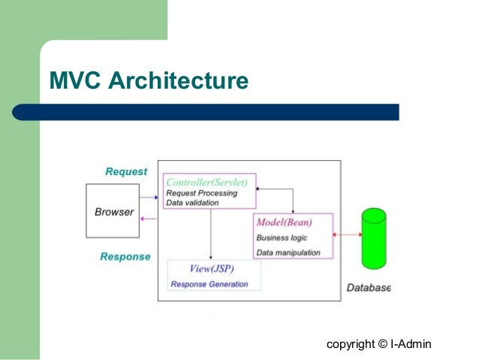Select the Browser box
pyautogui.click(x=114, y=212)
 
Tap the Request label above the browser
pyautogui.click(x=126, y=171)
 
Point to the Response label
pyautogui.click(x=125, y=256)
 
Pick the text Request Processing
pyautogui.click(x=201, y=192)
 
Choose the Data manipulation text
pyautogui.click(x=288, y=253)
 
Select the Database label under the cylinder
pyautogui.click(x=368, y=288)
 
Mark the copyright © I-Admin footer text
pyautogui.click(x=379, y=344)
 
